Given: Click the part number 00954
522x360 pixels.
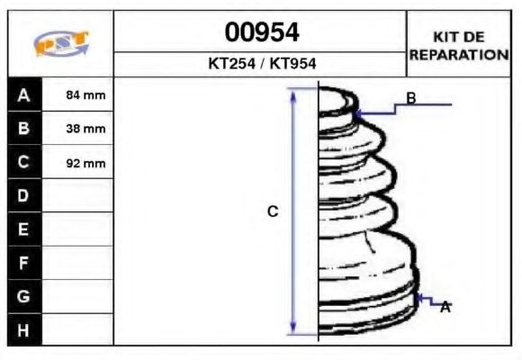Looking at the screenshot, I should [x=261, y=33].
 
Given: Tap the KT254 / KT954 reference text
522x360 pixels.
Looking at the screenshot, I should [x=261, y=64].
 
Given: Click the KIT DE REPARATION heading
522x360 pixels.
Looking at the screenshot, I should [x=459, y=46].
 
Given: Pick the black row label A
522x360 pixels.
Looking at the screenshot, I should [x=23, y=94].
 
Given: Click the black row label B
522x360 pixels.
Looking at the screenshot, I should [x=23, y=128].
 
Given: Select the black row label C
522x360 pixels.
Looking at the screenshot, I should [x=23, y=162].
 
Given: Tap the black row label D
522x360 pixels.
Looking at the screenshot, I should [x=23, y=195].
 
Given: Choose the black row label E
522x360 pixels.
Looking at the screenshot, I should [x=23, y=229].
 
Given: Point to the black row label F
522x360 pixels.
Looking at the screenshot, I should [x=23, y=263].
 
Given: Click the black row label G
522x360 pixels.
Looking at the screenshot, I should [x=23, y=296].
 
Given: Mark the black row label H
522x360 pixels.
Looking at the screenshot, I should [x=23, y=329].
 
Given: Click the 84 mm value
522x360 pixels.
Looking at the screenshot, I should [x=86, y=94].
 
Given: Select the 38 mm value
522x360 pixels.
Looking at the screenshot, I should [x=86, y=129].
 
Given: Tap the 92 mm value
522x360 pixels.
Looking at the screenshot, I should [x=86, y=163].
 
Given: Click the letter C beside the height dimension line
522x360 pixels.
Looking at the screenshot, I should [x=273, y=211].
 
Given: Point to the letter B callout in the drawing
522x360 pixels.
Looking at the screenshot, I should [x=410, y=98].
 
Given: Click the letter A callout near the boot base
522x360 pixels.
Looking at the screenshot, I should [x=445, y=308].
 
